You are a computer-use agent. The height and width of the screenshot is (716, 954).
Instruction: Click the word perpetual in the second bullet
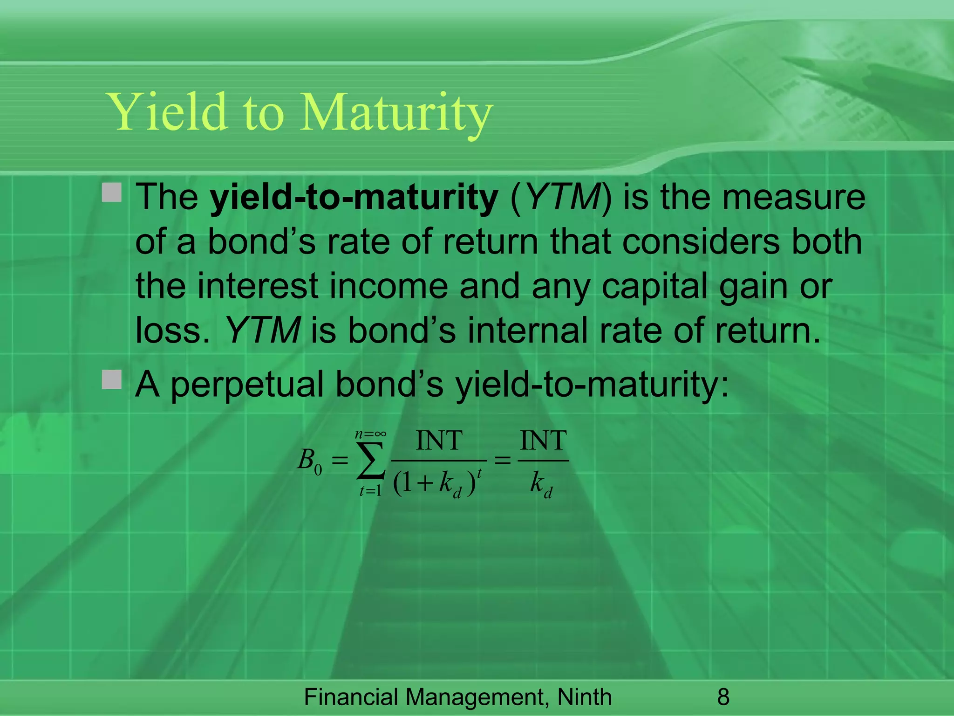[247, 385]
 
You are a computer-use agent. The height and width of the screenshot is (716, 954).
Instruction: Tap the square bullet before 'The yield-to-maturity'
[112, 193]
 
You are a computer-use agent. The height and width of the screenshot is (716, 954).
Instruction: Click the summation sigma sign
[371, 461]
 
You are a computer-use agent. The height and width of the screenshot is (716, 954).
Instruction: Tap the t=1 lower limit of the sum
[370, 491]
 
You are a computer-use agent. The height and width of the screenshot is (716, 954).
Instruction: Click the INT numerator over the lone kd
[543, 441]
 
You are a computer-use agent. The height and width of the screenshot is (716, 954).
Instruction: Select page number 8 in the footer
[723, 697]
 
